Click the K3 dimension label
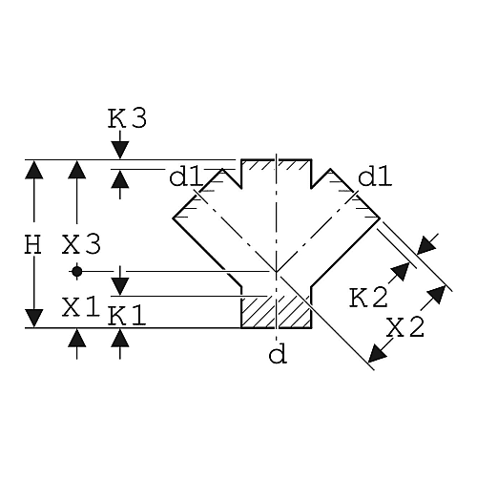coord(127,118)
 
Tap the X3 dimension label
coord(81,244)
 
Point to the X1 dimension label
coord(81,307)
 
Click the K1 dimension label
coord(127,316)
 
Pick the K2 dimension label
coord(368,298)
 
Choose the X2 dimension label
coord(405,327)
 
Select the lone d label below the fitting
coord(278,355)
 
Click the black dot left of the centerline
coord(76,272)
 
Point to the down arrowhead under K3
coord(120,150)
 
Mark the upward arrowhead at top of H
coord(33,170)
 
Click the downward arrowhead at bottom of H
coord(33,318)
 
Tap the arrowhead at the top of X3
coord(76,170)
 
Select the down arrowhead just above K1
coord(120,286)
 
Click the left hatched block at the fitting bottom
coord(258,313)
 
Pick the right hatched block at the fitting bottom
coord(295,313)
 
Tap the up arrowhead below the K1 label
coord(120,338)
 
